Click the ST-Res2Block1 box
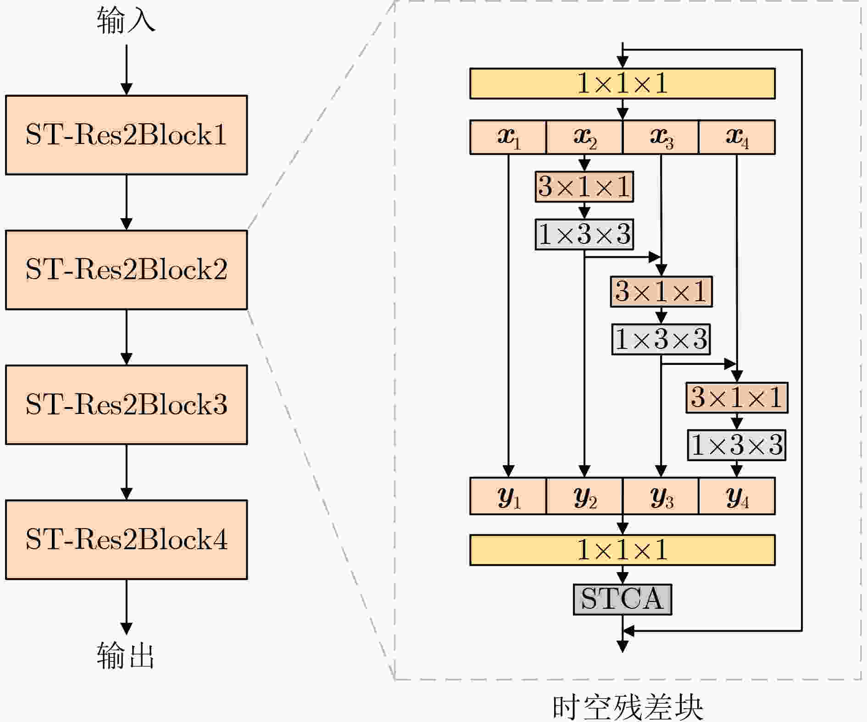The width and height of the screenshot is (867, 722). pos(126,135)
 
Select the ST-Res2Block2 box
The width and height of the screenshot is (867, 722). pos(126,270)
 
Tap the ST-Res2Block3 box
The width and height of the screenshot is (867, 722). pos(126,404)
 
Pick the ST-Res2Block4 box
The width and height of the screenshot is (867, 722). pos(126,540)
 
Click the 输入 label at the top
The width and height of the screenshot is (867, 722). pos(126,21)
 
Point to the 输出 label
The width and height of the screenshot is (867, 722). pos(126,656)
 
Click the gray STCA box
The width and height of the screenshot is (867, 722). pos(622,599)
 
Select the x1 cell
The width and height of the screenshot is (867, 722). pos(508,137)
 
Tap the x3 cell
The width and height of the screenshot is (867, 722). pos(661,137)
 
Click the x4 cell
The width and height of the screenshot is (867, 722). pos(737,137)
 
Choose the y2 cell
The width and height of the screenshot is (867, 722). pos(584,496)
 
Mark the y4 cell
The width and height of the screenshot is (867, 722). pos(737,496)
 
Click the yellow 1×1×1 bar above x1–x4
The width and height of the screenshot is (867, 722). pos(622,83)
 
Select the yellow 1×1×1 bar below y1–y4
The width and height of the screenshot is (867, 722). pos(622,550)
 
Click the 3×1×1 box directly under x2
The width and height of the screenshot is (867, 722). pos(584,187)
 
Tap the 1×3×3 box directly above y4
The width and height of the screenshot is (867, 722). pos(737,445)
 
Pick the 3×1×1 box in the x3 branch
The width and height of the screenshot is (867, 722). pos(661,291)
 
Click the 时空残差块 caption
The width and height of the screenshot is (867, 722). pos(628,707)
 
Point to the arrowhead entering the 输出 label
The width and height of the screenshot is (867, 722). pos(126,628)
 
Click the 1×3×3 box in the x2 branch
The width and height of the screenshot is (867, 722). pos(584,234)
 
